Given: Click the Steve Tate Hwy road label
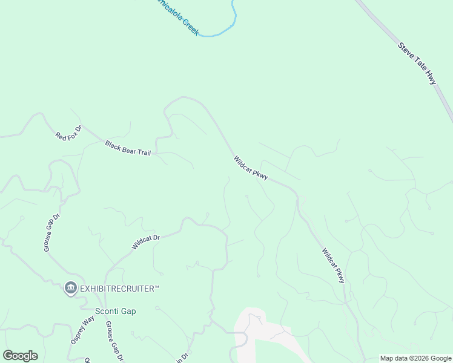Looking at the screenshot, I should pos(417,62).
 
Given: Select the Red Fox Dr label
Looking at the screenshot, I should pos(68,132).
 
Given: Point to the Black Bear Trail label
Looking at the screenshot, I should pos(128,148).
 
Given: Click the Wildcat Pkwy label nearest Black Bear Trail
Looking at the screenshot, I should pos(251,168).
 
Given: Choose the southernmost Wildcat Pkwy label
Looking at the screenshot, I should pos(333,265).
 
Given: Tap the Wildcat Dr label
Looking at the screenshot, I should pos(145,243).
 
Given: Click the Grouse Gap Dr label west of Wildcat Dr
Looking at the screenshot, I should pos(52,232).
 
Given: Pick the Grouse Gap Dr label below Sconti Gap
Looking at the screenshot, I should pos(114,341).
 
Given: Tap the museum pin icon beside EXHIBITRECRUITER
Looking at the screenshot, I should pos(71,288).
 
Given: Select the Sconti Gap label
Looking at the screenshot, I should pos(116,311).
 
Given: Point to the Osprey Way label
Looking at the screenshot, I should pos(82,330).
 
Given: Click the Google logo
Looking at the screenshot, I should pos(20,356).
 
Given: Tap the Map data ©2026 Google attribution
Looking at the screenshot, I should pos(415,358).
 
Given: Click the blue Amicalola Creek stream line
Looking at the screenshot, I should pos(233,18).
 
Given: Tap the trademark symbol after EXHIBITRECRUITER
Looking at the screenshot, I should pos(156,287).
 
